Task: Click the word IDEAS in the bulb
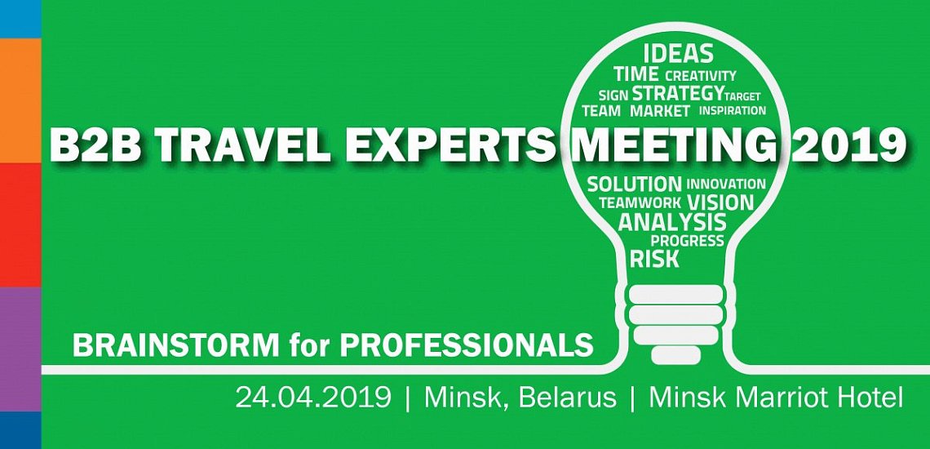pyautogui.click(x=678, y=54)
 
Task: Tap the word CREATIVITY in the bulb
pyautogui.click(x=701, y=76)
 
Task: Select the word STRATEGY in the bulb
pyautogui.click(x=677, y=93)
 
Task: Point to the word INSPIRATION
pyautogui.click(x=733, y=110)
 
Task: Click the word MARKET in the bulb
pyautogui.click(x=660, y=111)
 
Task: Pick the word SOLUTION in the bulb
pyautogui.click(x=635, y=184)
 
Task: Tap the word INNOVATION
pyautogui.click(x=727, y=184)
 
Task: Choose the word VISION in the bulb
pyautogui.click(x=720, y=202)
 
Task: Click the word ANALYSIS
pyautogui.click(x=672, y=222)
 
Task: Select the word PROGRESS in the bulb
pyautogui.click(x=688, y=241)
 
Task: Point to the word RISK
pyautogui.click(x=654, y=259)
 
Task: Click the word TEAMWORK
pyautogui.click(x=640, y=202)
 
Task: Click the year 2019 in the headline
pyautogui.click(x=848, y=145)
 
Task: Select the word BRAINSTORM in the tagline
pyautogui.click(x=176, y=345)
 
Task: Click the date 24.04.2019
pyautogui.click(x=313, y=398)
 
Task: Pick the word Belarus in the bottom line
pyautogui.click(x=568, y=398)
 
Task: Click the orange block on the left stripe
pyautogui.click(x=20, y=100)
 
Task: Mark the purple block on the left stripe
pyautogui.click(x=20, y=349)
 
